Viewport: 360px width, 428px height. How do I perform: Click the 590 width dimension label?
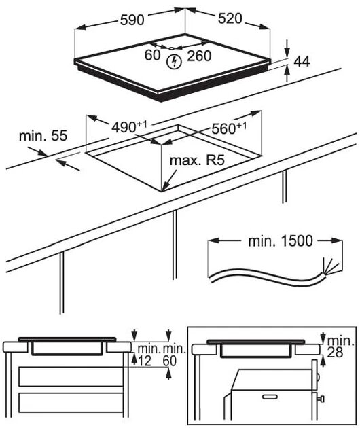point(132,20)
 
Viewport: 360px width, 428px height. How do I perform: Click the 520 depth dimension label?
point(230,18)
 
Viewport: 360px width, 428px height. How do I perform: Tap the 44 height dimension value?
point(302,61)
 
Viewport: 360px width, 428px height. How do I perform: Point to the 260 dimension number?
point(199,56)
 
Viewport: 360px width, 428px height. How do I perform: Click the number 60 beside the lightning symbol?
point(152,55)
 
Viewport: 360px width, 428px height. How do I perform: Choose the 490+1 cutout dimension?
point(129,126)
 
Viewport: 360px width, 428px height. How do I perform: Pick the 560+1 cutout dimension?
point(229,128)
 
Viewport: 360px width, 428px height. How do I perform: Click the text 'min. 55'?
point(43,136)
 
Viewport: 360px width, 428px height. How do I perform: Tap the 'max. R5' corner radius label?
point(197,160)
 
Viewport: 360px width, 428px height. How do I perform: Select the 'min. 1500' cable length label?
point(280,241)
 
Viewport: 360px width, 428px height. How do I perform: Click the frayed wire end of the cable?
point(330,266)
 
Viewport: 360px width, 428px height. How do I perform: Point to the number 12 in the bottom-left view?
point(145,361)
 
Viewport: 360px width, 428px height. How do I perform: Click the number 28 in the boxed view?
point(335,353)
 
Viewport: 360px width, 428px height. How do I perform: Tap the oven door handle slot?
point(270,396)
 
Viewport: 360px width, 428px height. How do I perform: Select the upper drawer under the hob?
point(71,376)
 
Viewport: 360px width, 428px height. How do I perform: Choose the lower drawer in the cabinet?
point(71,403)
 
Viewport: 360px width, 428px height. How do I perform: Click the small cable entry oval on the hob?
point(171,48)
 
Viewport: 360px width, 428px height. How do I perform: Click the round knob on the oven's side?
point(319,378)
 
